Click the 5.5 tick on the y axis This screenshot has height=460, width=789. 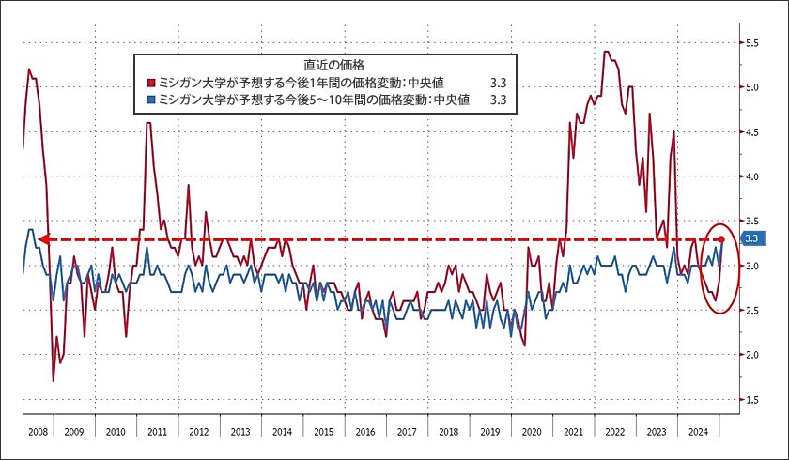click(752, 43)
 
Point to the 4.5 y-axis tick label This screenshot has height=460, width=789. click(752, 132)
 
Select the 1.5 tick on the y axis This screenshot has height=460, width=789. click(752, 400)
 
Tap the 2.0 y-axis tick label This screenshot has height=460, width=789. click(752, 355)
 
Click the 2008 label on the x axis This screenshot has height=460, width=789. click(38, 433)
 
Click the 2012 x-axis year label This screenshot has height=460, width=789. click(199, 433)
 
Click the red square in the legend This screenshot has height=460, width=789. click(150, 82)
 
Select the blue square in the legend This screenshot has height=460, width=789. click(150, 98)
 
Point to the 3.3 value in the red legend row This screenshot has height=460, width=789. click(498, 82)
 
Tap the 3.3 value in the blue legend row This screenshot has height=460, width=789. click(498, 98)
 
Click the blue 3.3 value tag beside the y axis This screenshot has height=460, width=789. click(751, 238)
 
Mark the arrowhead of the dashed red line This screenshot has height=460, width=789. click(43, 239)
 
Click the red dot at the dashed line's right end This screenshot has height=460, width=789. click(721, 239)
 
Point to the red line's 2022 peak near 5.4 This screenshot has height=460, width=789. click(607, 52)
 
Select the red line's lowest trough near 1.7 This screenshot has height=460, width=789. click(54, 380)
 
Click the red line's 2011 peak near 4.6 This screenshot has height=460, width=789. click(148, 124)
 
